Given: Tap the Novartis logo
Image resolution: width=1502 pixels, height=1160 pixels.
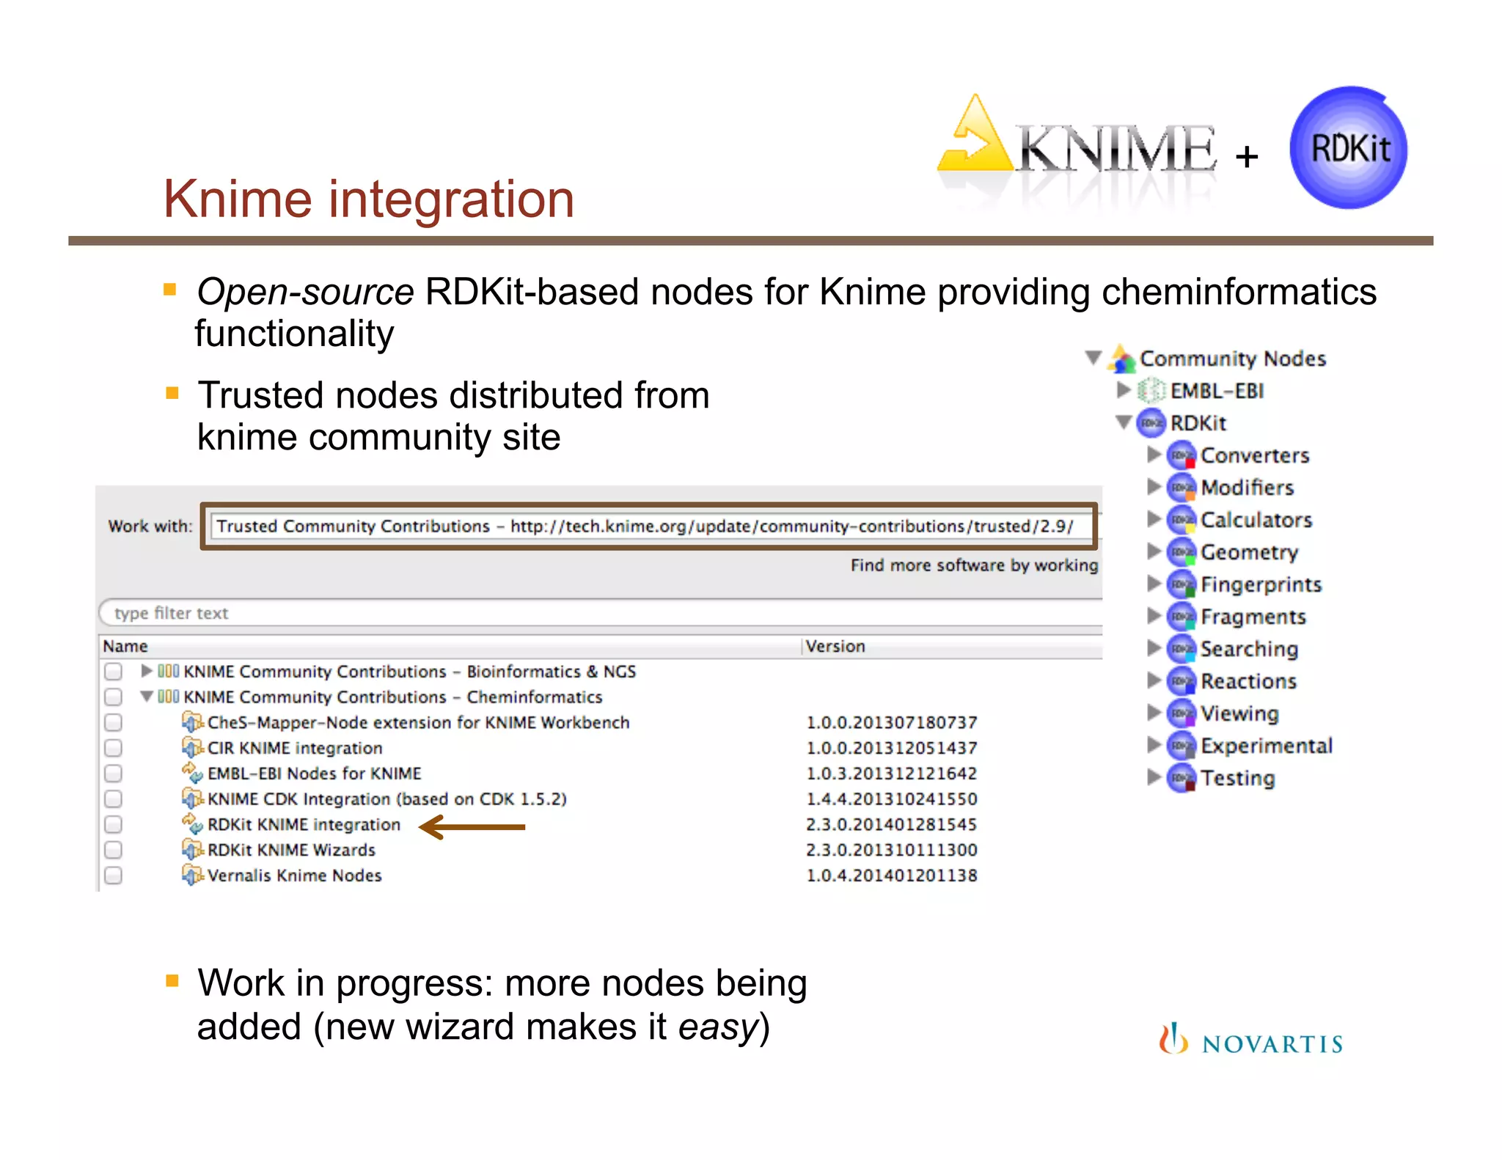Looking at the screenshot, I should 1251,1041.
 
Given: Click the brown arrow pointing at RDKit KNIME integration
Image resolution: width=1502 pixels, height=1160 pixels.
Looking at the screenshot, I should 472,826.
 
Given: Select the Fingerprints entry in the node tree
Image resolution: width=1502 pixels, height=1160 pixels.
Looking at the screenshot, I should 1260,584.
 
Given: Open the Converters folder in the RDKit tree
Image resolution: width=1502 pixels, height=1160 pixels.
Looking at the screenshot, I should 1254,455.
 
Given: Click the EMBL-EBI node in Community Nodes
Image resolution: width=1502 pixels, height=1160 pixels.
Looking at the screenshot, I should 1216,391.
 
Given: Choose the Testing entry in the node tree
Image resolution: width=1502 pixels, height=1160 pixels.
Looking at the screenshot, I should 1237,778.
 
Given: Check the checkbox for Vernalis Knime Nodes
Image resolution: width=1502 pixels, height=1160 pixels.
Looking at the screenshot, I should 113,875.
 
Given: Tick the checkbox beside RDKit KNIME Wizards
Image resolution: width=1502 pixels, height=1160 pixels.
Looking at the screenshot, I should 113,850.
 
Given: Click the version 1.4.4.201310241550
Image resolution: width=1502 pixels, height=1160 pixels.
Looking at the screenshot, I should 891,799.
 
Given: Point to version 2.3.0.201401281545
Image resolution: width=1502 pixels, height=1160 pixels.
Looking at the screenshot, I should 891,825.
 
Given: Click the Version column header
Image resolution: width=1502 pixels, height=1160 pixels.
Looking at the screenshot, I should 835,646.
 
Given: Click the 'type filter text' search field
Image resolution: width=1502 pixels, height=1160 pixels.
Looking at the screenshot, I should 587,613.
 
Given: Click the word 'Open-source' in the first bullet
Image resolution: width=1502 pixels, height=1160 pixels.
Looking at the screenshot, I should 305,292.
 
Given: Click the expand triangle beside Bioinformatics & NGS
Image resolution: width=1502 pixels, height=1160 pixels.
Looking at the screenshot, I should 147,671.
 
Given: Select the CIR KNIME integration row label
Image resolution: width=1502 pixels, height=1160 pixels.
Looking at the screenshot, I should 295,748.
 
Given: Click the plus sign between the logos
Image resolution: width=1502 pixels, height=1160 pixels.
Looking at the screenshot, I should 1246,156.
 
